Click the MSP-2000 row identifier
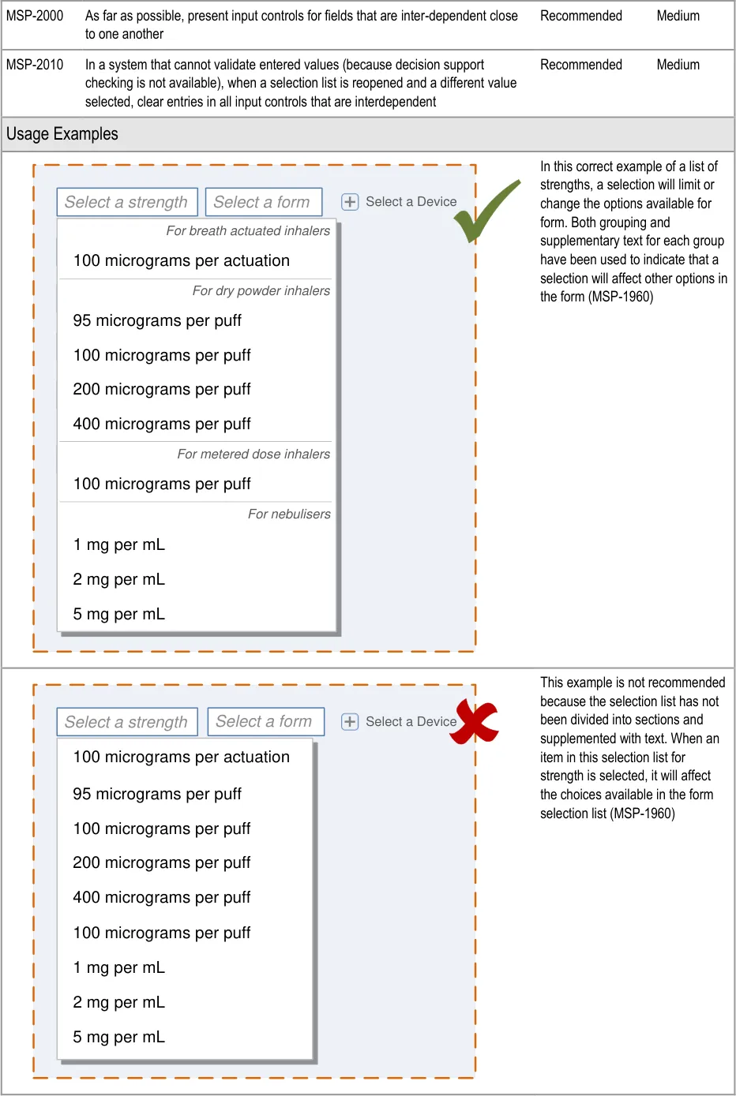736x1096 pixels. click(35, 16)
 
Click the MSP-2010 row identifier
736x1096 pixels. click(35, 65)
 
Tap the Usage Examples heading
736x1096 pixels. click(62, 133)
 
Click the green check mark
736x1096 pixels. click(486, 211)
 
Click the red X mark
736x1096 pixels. click(474, 722)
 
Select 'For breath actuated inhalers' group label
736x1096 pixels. click(248, 231)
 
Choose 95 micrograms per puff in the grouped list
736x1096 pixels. click(157, 320)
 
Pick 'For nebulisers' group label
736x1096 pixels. click(289, 514)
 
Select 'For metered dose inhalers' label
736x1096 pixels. click(253, 454)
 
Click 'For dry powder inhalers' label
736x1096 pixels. click(261, 290)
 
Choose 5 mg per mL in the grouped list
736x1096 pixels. click(119, 614)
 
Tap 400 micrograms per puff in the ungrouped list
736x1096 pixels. click(162, 897)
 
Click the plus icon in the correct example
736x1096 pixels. click(350, 201)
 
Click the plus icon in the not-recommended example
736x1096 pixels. click(350, 722)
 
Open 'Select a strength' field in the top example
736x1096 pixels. click(127, 201)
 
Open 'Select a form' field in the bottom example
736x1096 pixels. click(266, 721)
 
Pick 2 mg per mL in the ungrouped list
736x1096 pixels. click(119, 1002)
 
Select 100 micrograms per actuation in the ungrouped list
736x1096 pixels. click(181, 757)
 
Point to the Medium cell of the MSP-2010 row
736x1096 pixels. click(678, 65)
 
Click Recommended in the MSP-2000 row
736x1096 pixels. click(581, 16)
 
